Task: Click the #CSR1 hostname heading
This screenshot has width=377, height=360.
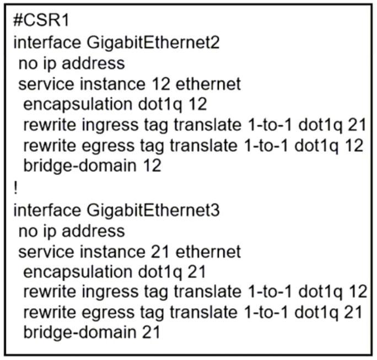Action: (41, 20)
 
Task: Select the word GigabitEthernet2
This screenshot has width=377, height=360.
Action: (153, 43)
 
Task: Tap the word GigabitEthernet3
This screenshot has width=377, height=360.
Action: (153, 211)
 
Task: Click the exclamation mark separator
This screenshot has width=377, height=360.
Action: (16, 188)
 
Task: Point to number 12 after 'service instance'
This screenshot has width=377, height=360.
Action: (161, 84)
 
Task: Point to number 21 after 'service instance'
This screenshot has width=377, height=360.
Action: (160, 252)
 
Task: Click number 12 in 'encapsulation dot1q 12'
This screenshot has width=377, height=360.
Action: (198, 104)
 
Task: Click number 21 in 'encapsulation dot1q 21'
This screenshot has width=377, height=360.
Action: (197, 272)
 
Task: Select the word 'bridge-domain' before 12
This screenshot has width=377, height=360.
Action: (80, 166)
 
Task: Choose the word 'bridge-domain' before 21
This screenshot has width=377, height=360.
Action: (80, 332)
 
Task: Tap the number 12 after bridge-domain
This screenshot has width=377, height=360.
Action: (152, 166)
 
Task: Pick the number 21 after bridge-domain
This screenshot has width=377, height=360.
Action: (151, 332)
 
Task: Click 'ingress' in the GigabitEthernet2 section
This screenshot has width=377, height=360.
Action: (110, 126)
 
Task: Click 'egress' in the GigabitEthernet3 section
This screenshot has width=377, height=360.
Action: (108, 313)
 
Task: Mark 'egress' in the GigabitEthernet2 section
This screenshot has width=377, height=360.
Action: (108, 146)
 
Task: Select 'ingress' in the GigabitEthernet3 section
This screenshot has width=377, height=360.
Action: (110, 292)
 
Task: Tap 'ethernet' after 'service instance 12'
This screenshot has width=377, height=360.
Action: (208, 84)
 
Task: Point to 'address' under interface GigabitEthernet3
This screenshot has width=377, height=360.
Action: (93, 232)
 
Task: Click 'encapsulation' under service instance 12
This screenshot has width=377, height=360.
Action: (78, 105)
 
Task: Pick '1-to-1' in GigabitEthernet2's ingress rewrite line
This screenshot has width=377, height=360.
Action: (270, 125)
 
